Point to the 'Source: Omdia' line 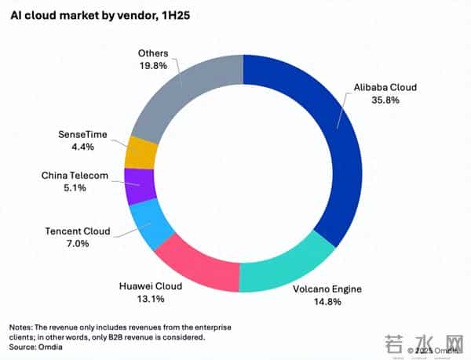tap(37, 345)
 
